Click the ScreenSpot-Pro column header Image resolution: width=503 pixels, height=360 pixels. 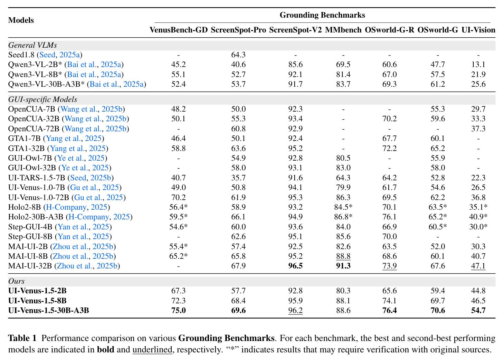click(238, 30)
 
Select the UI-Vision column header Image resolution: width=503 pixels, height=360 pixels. click(478, 30)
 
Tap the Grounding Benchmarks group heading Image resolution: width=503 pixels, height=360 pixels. click(322, 15)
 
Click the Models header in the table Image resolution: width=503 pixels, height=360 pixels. click(21, 20)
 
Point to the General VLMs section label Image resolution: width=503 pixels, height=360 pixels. click(32, 45)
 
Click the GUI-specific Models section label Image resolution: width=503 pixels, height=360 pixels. click(43, 100)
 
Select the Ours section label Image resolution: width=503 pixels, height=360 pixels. click(16, 281)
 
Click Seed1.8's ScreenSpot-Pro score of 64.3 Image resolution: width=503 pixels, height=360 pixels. click(238, 55)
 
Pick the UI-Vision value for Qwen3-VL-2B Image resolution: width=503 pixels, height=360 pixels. click(478, 65)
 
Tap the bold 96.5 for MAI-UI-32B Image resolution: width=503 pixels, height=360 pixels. click(295, 266)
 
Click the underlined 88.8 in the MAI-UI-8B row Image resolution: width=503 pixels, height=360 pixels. click(343, 256)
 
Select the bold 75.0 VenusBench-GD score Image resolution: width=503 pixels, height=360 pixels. click(179, 310)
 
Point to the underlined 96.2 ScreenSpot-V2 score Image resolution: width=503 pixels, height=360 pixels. click(295, 311)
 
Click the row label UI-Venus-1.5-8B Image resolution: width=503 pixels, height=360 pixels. click(37, 301)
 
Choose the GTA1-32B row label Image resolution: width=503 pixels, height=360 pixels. click(28, 149)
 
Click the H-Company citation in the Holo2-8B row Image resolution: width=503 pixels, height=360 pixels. click(66, 207)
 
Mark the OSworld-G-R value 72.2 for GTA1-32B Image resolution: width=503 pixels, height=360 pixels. click(389, 149)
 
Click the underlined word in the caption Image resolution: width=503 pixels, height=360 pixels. click(152, 350)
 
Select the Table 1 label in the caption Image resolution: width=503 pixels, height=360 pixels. click(22, 338)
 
